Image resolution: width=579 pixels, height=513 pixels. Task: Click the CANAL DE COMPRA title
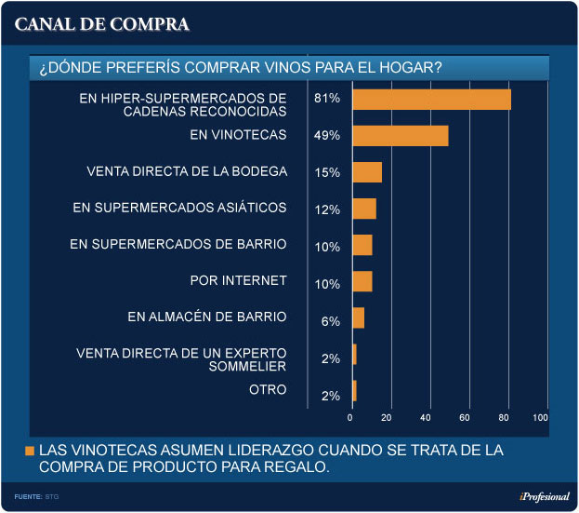tap(102, 24)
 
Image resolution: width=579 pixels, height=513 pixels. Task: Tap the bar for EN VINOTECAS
tap(401, 136)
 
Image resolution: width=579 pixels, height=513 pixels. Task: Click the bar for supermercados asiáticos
tap(364, 209)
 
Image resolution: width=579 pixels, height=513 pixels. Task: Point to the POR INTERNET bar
tap(362, 281)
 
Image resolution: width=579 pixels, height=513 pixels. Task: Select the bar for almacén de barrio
tap(359, 318)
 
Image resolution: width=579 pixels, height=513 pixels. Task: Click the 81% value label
tap(326, 100)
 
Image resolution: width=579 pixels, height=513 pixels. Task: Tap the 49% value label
tap(326, 136)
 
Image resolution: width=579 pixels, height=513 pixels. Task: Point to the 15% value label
tap(326, 172)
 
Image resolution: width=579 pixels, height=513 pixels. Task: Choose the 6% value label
tap(330, 320)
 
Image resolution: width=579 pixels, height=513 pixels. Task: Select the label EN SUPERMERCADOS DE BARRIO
tap(178, 244)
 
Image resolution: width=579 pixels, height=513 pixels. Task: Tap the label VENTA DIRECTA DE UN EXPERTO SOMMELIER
tap(181, 359)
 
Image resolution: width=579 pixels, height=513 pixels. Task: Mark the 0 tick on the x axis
tap(351, 418)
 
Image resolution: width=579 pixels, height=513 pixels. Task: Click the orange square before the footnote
tap(30, 451)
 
